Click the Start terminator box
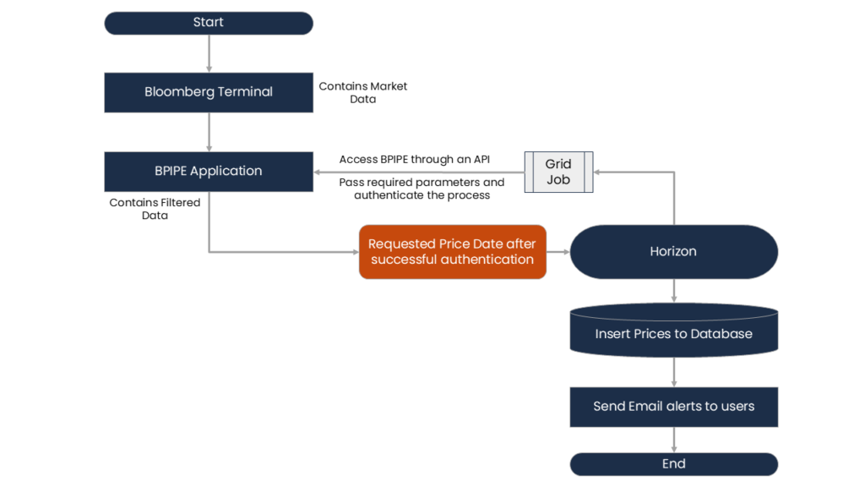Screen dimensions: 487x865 [208, 23]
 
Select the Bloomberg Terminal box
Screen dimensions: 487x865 [208, 92]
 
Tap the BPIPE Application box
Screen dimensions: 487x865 [208, 171]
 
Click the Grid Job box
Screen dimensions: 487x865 [558, 172]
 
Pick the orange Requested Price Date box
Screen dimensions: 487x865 [452, 251]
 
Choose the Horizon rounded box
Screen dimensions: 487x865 [673, 251]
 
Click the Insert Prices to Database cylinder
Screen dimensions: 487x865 [673, 333]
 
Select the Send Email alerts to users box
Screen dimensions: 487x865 [673, 407]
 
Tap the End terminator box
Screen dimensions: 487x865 [673, 464]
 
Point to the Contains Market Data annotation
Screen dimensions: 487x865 [362, 93]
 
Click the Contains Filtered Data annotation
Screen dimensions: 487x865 [155, 209]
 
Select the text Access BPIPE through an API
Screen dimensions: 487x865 [414, 159]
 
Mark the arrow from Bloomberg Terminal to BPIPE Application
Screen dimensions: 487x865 [209, 132]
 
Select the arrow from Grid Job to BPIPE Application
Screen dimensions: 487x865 [418, 172]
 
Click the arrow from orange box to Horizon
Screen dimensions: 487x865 [558, 251]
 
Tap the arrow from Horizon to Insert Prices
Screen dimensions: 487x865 [674, 291]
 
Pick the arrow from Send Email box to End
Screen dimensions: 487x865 [674, 440]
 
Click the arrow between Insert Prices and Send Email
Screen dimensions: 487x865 [674, 372]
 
